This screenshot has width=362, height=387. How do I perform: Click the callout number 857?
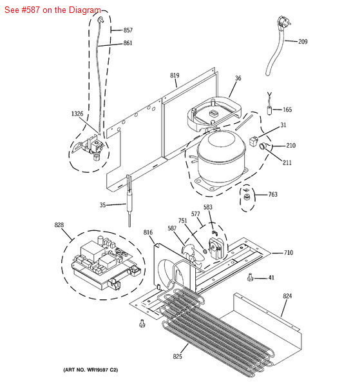pyautogui.click(x=128, y=30)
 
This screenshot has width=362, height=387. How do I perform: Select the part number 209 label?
pyautogui.click(x=303, y=42)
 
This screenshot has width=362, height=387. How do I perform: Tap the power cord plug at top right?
pyautogui.click(x=283, y=22)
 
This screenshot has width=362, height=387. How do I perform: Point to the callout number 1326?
pyautogui.click(x=77, y=114)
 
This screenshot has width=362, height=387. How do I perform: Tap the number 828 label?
pyautogui.click(x=59, y=225)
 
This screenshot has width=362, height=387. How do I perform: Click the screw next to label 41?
pyautogui.click(x=250, y=277)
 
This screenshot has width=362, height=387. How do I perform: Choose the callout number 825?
pyautogui.click(x=177, y=356)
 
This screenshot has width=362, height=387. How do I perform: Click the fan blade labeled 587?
pyautogui.click(x=192, y=256)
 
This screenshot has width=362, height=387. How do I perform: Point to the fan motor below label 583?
pyautogui.click(x=216, y=248)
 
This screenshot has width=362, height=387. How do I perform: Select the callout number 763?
pyautogui.click(x=273, y=195)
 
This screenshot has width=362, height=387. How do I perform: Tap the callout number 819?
pyautogui.click(x=175, y=75)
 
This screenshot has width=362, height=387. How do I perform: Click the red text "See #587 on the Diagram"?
pyautogui.click(x=53, y=10)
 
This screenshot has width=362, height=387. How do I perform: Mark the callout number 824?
pyautogui.click(x=287, y=296)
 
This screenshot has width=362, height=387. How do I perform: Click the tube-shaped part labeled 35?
pyautogui.click(x=129, y=201)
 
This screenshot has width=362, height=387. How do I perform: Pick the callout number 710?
pyautogui.click(x=289, y=253)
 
